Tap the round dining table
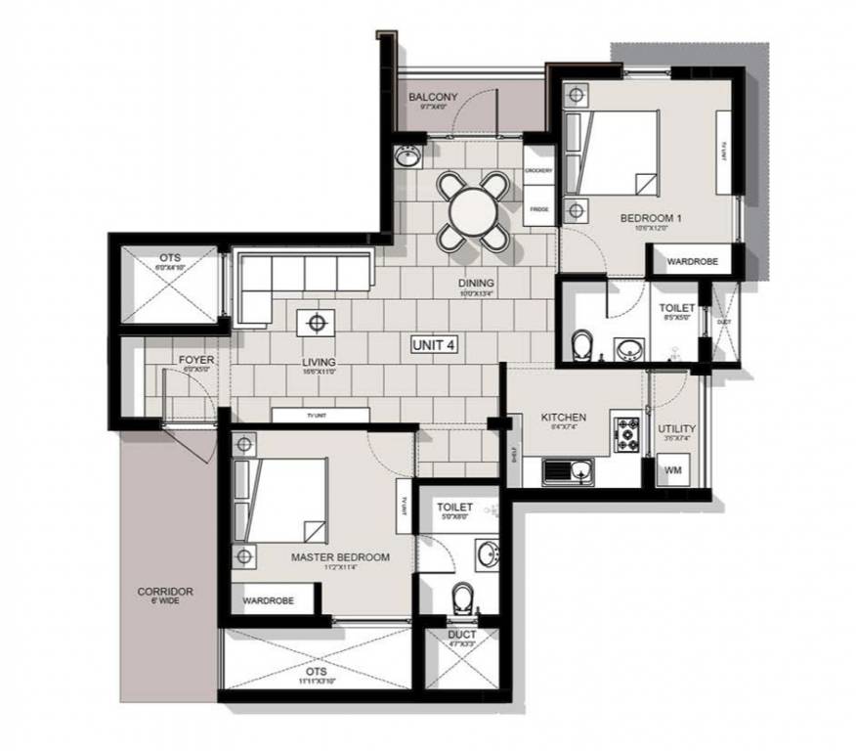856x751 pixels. click(x=473, y=208)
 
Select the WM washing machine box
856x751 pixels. click(x=673, y=470)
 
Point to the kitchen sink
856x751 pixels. click(x=572, y=473)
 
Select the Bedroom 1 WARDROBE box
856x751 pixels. click(x=692, y=262)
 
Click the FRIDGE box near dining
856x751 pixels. click(x=537, y=209)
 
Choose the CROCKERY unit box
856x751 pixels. click(x=537, y=171)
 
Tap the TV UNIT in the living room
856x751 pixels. click(x=321, y=415)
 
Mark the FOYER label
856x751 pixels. click(x=196, y=360)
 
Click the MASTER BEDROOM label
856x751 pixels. click(x=340, y=557)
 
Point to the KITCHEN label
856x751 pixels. click(x=564, y=418)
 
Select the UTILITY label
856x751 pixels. click(x=676, y=429)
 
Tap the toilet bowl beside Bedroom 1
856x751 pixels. click(x=583, y=343)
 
